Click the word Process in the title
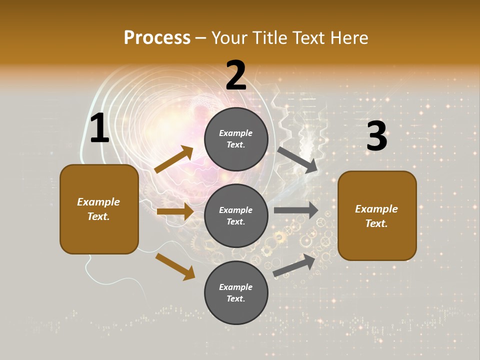(157, 38)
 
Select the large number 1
(99, 128)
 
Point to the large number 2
(236, 75)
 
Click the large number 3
(376, 136)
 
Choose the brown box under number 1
(99, 209)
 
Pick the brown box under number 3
(377, 215)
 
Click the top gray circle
(236, 139)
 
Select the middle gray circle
(236, 215)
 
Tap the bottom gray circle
(236, 292)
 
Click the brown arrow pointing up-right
(174, 159)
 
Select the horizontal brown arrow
(175, 211)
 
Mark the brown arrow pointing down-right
(175, 266)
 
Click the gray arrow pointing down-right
(297, 160)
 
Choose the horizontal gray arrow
(296, 210)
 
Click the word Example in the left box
(98, 202)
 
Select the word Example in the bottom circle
(235, 287)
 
